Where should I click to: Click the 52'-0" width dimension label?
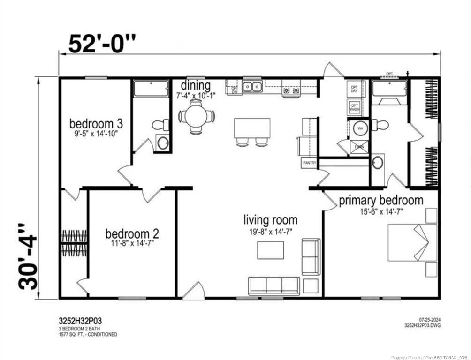click(x=102, y=44)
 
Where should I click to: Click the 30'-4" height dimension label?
click(x=28, y=256)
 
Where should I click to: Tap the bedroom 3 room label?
click(x=96, y=124)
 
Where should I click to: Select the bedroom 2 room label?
click(x=132, y=233)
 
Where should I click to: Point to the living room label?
click(x=270, y=219)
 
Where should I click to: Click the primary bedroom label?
click(x=381, y=201)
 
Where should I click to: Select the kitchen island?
click(x=252, y=128)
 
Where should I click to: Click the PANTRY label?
click(x=309, y=163)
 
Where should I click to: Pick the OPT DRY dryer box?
click(x=354, y=89)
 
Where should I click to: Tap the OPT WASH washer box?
click(x=354, y=107)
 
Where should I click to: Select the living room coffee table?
click(x=270, y=250)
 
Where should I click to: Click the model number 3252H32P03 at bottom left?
click(x=80, y=321)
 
